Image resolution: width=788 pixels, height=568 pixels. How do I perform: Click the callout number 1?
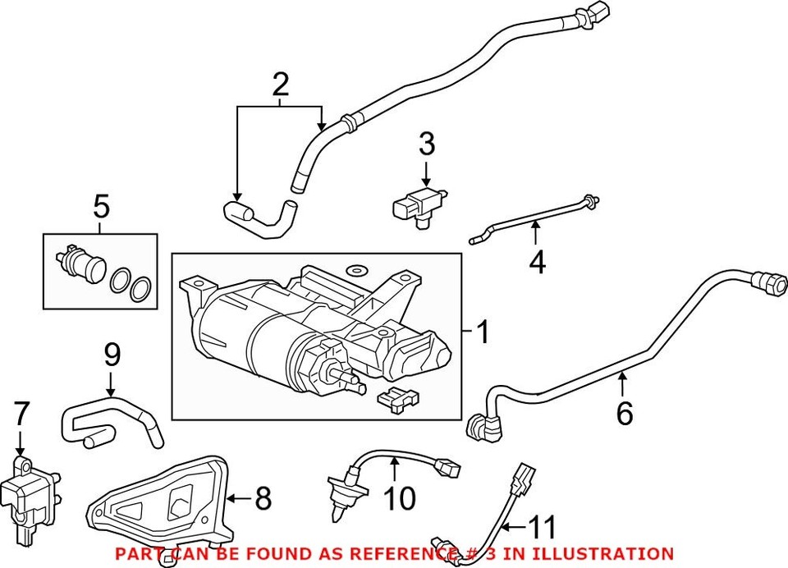pyautogui.click(x=483, y=333)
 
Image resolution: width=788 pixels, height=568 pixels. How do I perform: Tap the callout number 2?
pyautogui.click(x=280, y=85)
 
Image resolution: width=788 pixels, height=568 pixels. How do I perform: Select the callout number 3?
pyautogui.click(x=426, y=145)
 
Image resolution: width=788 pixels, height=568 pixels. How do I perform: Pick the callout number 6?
pyautogui.click(x=625, y=414)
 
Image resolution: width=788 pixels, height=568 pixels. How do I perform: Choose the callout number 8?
pyautogui.click(x=263, y=497)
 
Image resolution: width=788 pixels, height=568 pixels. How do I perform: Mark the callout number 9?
pyautogui.click(x=112, y=355)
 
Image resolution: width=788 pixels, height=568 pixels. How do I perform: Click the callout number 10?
pyautogui.click(x=401, y=497)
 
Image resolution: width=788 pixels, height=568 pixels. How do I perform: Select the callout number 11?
pyautogui.click(x=543, y=526)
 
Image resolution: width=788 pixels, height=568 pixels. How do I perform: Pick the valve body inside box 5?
pyautogui.click(x=76, y=263)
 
